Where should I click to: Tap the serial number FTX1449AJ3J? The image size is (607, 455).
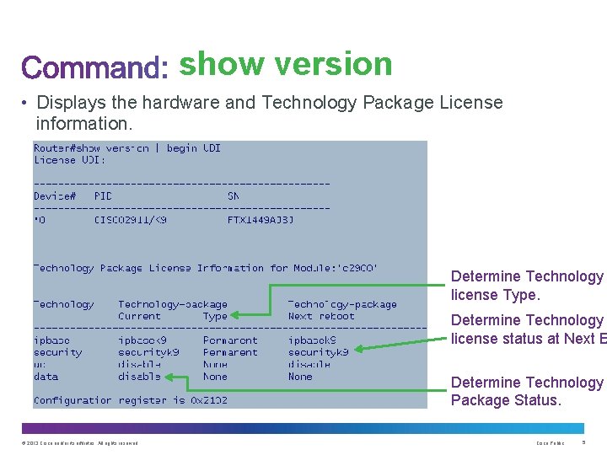[x=261, y=220]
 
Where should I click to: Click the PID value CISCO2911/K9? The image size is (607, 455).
[x=130, y=220]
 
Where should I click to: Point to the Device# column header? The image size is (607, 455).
[x=54, y=196]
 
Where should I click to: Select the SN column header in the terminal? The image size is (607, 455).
[x=234, y=196]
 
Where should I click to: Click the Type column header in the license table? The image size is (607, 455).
[x=215, y=317]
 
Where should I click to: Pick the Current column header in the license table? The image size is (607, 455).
[x=139, y=317]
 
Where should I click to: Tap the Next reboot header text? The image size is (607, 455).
[x=321, y=317]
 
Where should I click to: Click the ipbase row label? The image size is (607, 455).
[x=51, y=341]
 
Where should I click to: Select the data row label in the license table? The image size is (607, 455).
[x=46, y=377]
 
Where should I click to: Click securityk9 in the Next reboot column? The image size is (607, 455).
[x=318, y=353]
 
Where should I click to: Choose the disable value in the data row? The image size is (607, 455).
[x=139, y=377]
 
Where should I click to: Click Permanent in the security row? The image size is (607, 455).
[x=230, y=353]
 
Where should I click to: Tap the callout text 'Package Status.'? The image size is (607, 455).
[x=506, y=400]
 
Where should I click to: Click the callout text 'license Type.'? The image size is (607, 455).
[x=494, y=295]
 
